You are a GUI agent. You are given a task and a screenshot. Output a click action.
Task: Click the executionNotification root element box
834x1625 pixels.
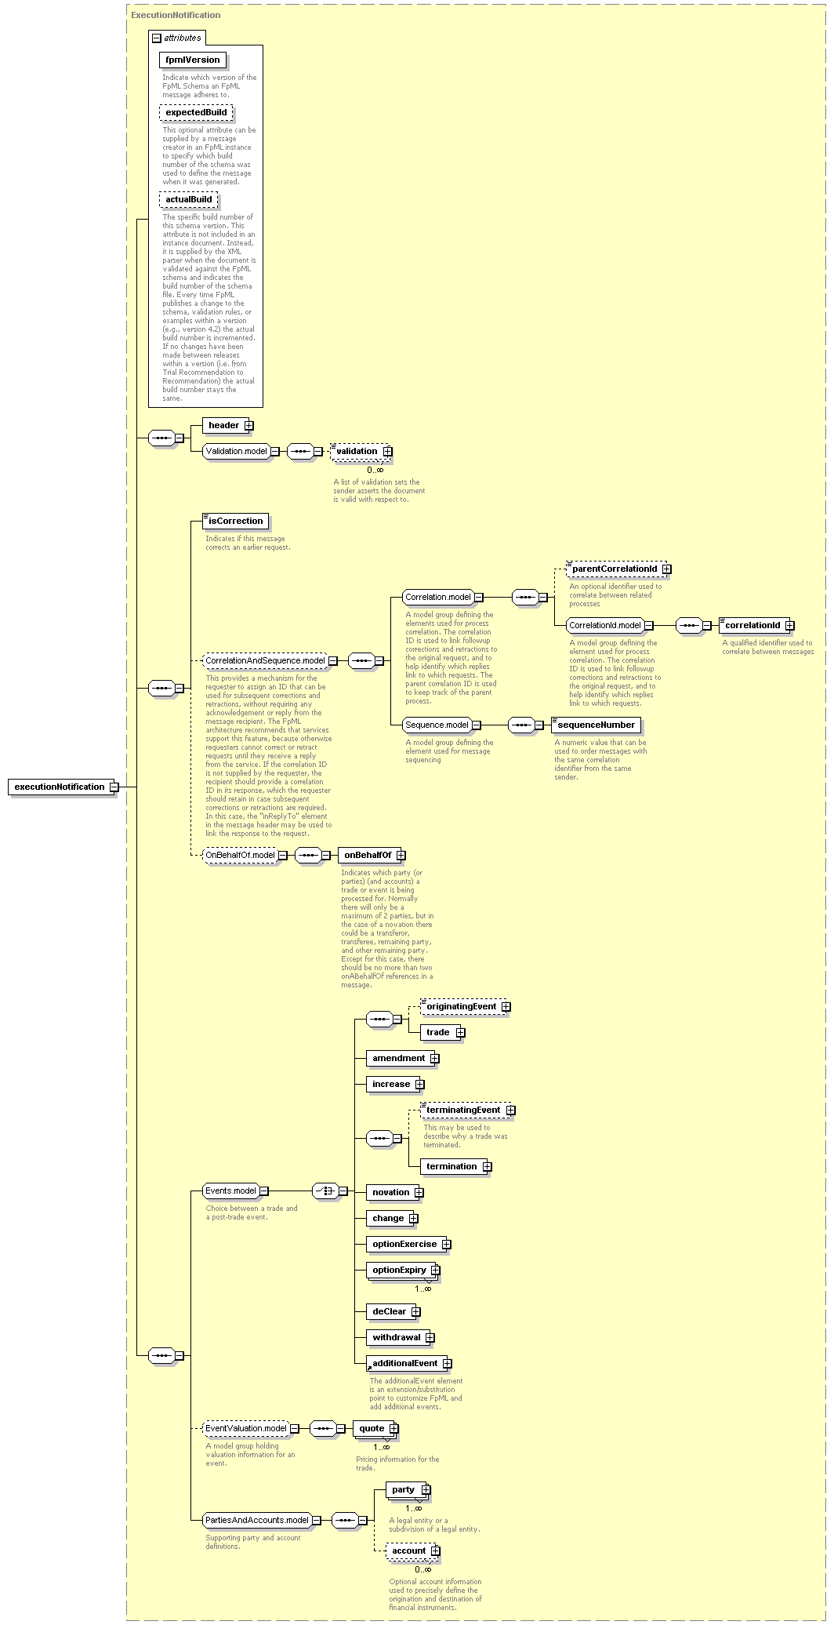point(60,787)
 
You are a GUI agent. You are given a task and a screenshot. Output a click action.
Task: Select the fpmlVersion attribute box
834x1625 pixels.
point(193,60)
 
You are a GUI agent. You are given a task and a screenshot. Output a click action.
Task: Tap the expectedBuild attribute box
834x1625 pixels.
point(196,112)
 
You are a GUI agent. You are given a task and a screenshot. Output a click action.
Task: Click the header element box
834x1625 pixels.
point(228,425)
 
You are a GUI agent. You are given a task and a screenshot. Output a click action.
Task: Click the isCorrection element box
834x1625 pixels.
point(235,521)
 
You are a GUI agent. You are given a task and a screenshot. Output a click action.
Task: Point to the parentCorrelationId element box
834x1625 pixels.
point(618,569)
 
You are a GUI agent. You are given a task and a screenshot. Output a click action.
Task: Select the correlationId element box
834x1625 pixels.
point(756,625)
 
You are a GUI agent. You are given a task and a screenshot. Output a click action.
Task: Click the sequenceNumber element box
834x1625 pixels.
point(596,725)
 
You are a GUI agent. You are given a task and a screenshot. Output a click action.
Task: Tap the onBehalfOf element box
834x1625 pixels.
point(372,855)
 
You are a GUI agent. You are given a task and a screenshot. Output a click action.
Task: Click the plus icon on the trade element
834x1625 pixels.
point(460,1032)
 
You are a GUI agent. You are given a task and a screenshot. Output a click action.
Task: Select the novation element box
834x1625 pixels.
point(395,1192)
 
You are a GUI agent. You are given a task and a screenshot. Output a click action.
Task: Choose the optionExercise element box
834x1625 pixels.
point(408,1244)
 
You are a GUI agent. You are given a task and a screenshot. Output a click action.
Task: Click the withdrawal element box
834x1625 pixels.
point(401,1337)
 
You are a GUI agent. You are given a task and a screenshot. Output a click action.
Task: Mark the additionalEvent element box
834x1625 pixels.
point(409,1363)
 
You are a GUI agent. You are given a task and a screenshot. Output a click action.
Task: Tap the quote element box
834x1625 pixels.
point(375,1428)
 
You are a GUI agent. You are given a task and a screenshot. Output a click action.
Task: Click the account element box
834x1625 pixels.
point(413,1550)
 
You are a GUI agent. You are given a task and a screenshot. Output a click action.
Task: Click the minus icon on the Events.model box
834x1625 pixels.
point(263,1191)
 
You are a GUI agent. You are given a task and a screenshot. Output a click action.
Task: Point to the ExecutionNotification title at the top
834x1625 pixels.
point(176,15)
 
